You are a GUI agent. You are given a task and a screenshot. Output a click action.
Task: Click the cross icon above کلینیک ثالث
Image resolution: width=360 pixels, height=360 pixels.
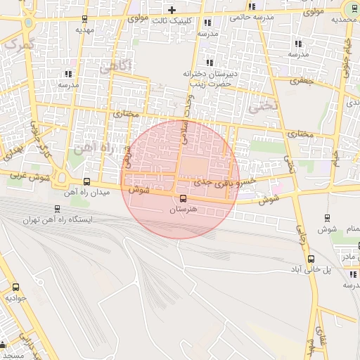(x=172, y=9)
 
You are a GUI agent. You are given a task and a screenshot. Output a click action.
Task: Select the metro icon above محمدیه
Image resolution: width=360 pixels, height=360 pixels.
(x=352, y=8)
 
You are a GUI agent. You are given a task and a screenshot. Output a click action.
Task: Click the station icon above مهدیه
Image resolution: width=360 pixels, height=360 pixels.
(x=85, y=19)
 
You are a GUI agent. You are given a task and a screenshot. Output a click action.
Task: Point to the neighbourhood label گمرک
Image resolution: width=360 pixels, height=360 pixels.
(x=18, y=44)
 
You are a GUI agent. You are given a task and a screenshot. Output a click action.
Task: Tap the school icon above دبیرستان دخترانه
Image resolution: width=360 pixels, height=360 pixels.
(x=209, y=63)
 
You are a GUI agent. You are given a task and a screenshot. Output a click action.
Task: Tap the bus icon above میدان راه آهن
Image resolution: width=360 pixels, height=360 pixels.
(x=86, y=181)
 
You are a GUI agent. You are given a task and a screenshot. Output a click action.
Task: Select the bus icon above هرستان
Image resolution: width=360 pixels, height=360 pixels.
(x=184, y=198)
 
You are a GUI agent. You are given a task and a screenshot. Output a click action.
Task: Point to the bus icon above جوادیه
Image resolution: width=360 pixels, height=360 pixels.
(x=15, y=287)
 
